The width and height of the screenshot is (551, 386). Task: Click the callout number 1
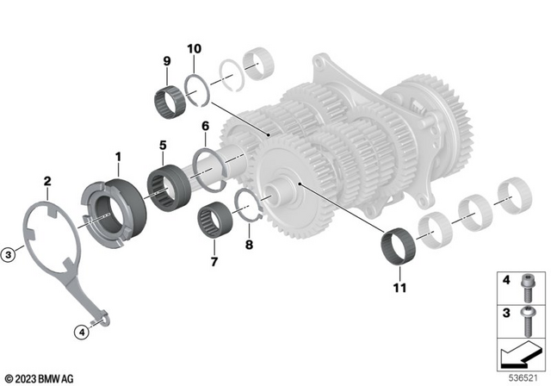pos(119,156)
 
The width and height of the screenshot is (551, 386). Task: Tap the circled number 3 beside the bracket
pos(8,254)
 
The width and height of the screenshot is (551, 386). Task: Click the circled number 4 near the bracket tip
pos(81,331)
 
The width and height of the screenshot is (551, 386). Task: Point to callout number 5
pos(162,146)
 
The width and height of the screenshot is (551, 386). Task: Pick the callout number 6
pos(205,126)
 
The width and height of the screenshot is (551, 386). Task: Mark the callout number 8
pos(251,245)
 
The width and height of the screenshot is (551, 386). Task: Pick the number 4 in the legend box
pos(506,280)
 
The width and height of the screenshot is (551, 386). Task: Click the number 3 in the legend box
pos(506,310)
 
